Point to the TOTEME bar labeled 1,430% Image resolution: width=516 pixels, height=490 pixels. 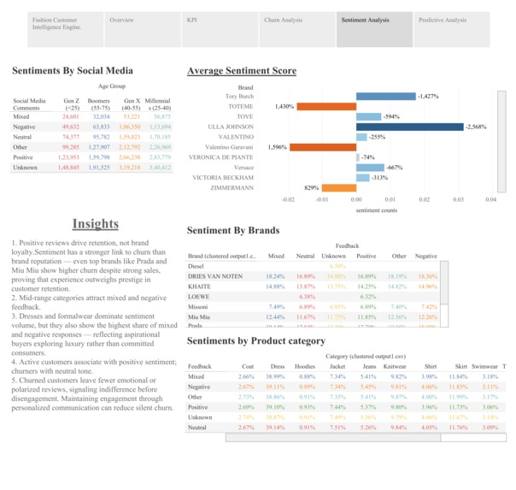pyautogui.click(x=326, y=106)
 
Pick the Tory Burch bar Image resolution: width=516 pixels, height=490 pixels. pyautogui.click(x=385, y=96)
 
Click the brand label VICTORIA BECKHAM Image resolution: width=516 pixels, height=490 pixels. pyautogui.click(x=223, y=178)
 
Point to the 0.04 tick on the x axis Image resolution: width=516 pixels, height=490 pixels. pyautogui.click(x=490, y=200)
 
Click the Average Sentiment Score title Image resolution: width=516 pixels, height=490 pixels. pyautogui.click(x=242, y=71)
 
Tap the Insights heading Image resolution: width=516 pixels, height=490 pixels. pyautogui.click(x=96, y=224)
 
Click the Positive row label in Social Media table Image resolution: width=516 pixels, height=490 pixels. pyautogui.click(x=24, y=157)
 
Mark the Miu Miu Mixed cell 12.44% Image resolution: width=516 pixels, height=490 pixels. pyautogui.click(x=275, y=317)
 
